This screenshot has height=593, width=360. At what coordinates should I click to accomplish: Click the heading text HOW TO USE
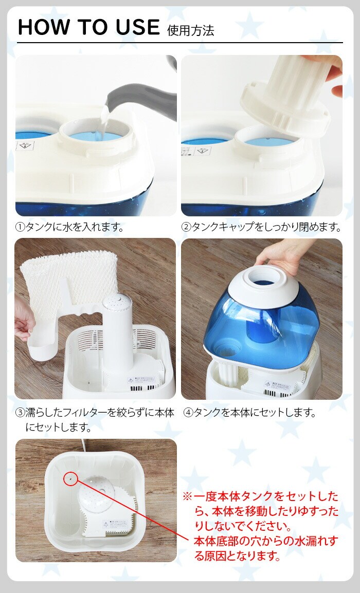click(88, 27)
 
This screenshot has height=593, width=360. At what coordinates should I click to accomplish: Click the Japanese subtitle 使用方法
click(191, 30)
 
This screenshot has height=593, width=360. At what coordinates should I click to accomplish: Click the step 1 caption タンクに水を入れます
click(69, 227)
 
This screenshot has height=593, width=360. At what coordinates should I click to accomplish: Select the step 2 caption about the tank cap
click(261, 227)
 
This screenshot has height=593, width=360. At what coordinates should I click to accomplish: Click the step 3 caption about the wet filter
click(95, 420)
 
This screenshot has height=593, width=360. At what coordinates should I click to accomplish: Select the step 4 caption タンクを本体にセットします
click(250, 412)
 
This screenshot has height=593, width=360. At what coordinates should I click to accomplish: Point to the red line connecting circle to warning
click(133, 509)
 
